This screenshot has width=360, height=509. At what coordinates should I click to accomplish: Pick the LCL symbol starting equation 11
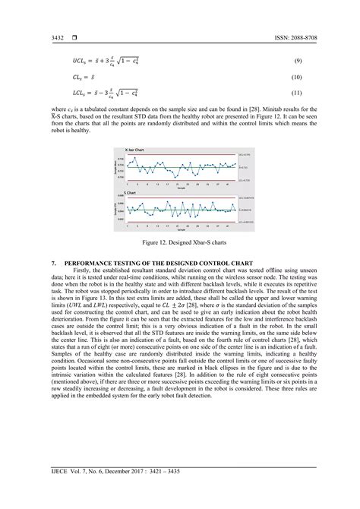(80, 94)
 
